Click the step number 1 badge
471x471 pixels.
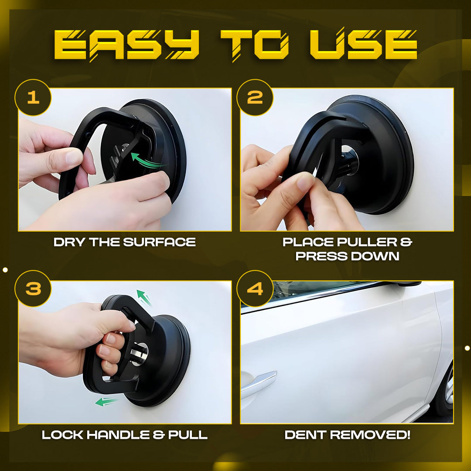(x=33, y=97)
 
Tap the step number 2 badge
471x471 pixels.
(x=255, y=97)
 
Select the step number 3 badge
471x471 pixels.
(x=33, y=288)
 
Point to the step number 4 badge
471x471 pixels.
(x=255, y=288)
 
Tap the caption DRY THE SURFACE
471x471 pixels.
(x=125, y=242)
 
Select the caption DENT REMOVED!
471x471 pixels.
(x=347, y=435)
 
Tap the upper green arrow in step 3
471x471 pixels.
(x=144, y=297)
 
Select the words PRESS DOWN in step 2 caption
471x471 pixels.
(x=347, y=256)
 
